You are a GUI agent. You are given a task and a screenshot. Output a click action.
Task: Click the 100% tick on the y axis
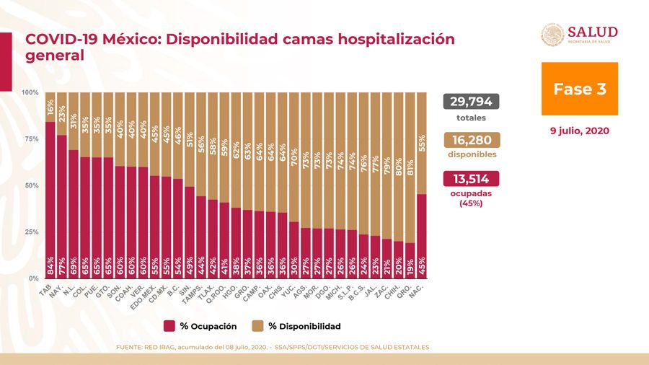coord(30,93)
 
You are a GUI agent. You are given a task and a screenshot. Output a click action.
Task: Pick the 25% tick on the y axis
coord(32,232)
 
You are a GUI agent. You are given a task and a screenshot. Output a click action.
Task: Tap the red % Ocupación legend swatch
coord(170,325)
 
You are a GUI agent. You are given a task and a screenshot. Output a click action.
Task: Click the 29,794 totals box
coord(472,102)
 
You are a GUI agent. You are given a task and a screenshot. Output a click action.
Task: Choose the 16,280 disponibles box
coord(472,140)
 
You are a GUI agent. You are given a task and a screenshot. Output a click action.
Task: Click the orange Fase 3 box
coord(579,89)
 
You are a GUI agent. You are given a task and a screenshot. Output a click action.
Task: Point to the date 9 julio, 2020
coord(579,131)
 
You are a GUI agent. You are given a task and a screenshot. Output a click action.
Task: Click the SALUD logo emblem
coord(553,35)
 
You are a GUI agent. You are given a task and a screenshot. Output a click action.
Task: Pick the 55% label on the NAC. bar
coord(422,141)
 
